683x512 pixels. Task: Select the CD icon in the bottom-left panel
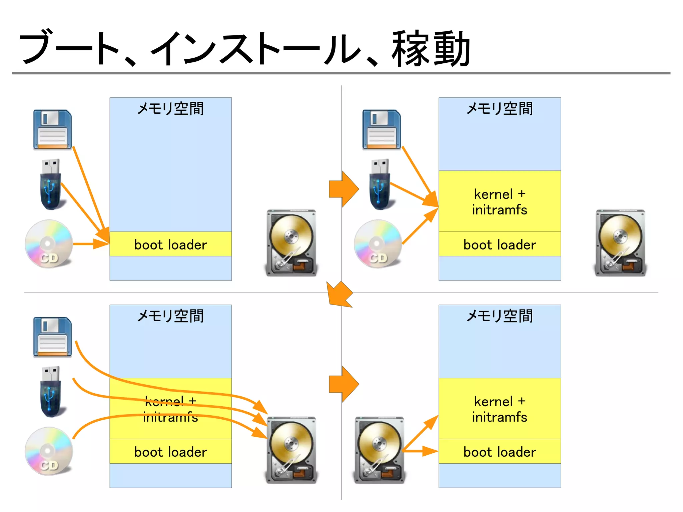tap(49, 451)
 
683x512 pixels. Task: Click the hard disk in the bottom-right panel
tap(379, 450)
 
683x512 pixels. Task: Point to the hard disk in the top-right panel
tap(620, 242)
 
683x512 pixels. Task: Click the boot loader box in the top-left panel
tap(170, 244)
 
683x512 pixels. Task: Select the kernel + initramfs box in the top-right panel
tap(499, 201)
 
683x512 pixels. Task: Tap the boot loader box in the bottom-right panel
tap(499, 451)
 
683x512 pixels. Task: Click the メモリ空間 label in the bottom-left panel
tap(170, 316)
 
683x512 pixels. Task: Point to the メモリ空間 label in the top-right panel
tap(499, 109)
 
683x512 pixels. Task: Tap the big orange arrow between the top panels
tap(344, 189)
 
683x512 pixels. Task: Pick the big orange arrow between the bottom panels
tap(344, 384)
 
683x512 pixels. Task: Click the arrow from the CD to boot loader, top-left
tap(90, 244)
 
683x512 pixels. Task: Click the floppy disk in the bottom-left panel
tap(52, 337)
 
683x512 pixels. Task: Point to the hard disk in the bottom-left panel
tap(291, 450)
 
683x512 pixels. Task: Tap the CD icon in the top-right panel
tap(378, 243)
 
